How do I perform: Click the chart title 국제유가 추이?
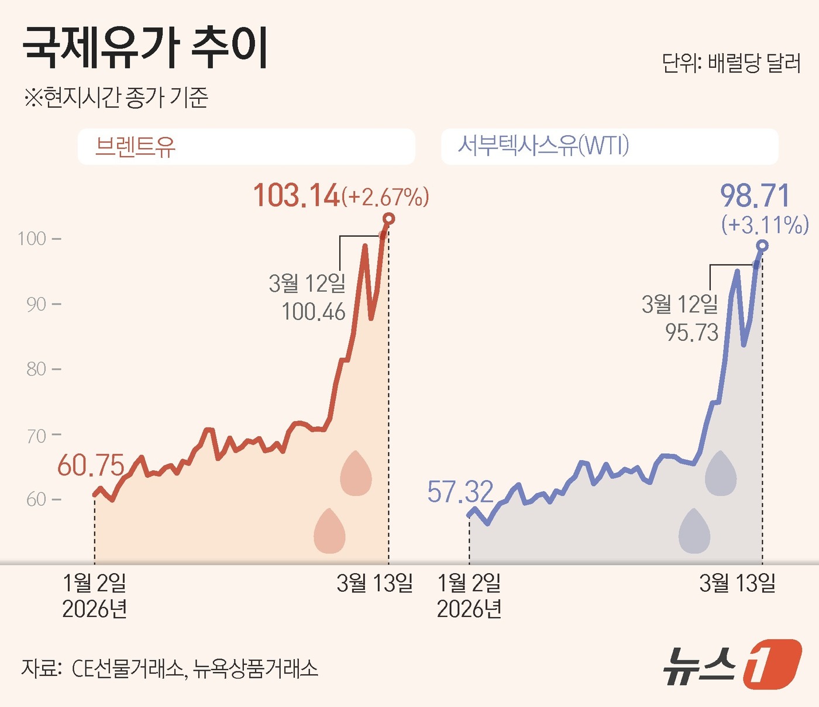145,48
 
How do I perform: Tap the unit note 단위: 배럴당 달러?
731,63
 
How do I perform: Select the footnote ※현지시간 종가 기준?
116,97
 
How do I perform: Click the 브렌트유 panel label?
135,146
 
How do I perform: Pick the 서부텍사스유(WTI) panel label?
543,145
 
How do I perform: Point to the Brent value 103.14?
296,195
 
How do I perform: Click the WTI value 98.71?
755,196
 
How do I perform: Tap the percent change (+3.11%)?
765,225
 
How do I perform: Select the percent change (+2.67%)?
386,197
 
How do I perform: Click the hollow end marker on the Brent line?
388,219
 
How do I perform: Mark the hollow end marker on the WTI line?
762,246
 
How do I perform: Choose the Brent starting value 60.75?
91,466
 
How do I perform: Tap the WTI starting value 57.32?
460,492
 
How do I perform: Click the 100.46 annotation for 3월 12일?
314,312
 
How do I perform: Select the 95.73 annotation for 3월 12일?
691,333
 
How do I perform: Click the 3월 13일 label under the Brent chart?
374,583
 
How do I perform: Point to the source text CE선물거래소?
128,668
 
